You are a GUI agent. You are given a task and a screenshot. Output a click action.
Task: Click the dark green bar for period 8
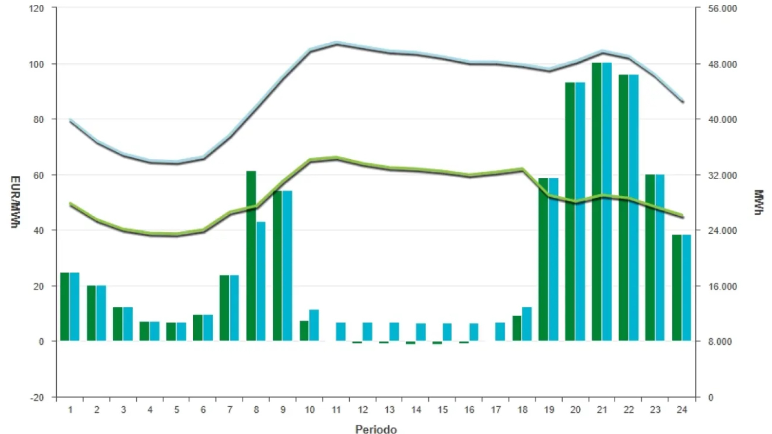(251, 256)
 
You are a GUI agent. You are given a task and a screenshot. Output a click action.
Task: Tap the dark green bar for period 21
(596, 202)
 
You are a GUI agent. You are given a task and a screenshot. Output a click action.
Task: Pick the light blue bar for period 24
(686, 288)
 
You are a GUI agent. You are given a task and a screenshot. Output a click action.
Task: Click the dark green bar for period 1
(65, 307)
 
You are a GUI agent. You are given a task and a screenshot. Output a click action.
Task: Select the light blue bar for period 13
(394, 332)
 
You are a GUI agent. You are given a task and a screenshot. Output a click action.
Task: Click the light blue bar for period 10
(314, 325)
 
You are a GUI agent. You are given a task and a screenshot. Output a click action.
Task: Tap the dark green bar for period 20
(570, 212)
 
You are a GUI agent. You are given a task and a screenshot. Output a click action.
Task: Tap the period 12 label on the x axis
(363, 410)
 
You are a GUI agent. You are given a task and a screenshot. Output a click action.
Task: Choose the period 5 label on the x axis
(177, 410)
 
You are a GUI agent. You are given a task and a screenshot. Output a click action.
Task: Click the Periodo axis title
(376, 429)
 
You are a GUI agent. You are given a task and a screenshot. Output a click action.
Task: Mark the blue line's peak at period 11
(337, 43)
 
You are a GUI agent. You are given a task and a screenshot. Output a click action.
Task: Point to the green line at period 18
(522, 169)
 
